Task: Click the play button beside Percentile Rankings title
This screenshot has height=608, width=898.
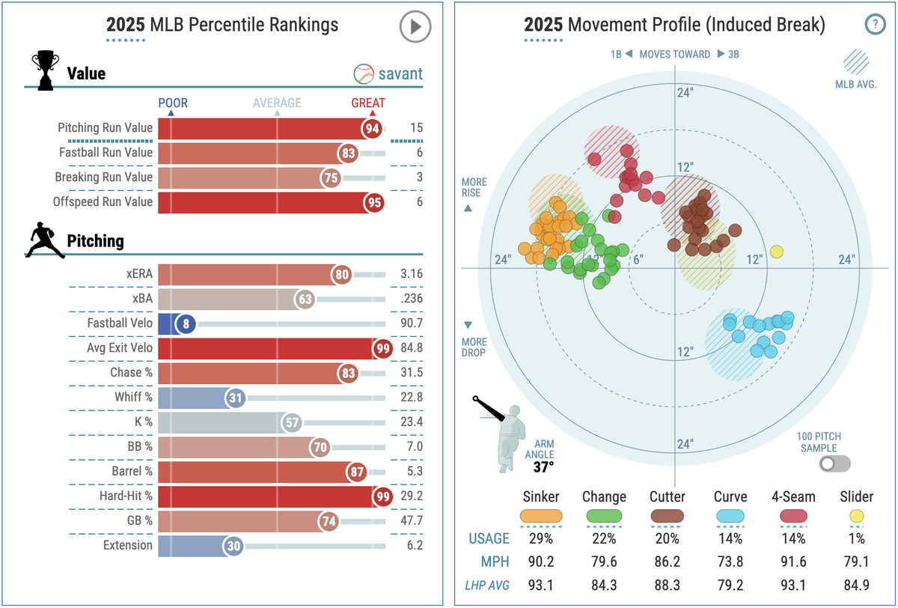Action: [x=415, y=27]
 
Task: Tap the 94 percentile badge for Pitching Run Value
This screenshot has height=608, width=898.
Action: [x=372, y=129]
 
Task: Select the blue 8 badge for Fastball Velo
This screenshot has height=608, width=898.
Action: [x=185, y=323]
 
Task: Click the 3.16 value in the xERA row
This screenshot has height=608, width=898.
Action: [x=411, y=274]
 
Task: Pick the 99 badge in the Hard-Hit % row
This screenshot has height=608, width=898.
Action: [x=383, y=496]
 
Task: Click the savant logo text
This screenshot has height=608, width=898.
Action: [x=400, y=74]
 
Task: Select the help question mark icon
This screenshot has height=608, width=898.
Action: [x=873, y=25]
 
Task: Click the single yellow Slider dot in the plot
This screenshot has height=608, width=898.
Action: [x=777, y=252]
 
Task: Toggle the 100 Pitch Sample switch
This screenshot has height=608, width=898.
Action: [x=834, y=463]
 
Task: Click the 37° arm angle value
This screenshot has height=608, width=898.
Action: [x=543, y=467]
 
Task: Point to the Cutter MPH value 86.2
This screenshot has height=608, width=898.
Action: [x=667, y=561]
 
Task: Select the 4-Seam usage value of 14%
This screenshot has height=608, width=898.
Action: [x=793, y=538]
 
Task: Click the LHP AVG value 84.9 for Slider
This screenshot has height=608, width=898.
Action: [x=857, y=583]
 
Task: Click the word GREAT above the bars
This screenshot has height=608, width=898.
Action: [x=368, y=103]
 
